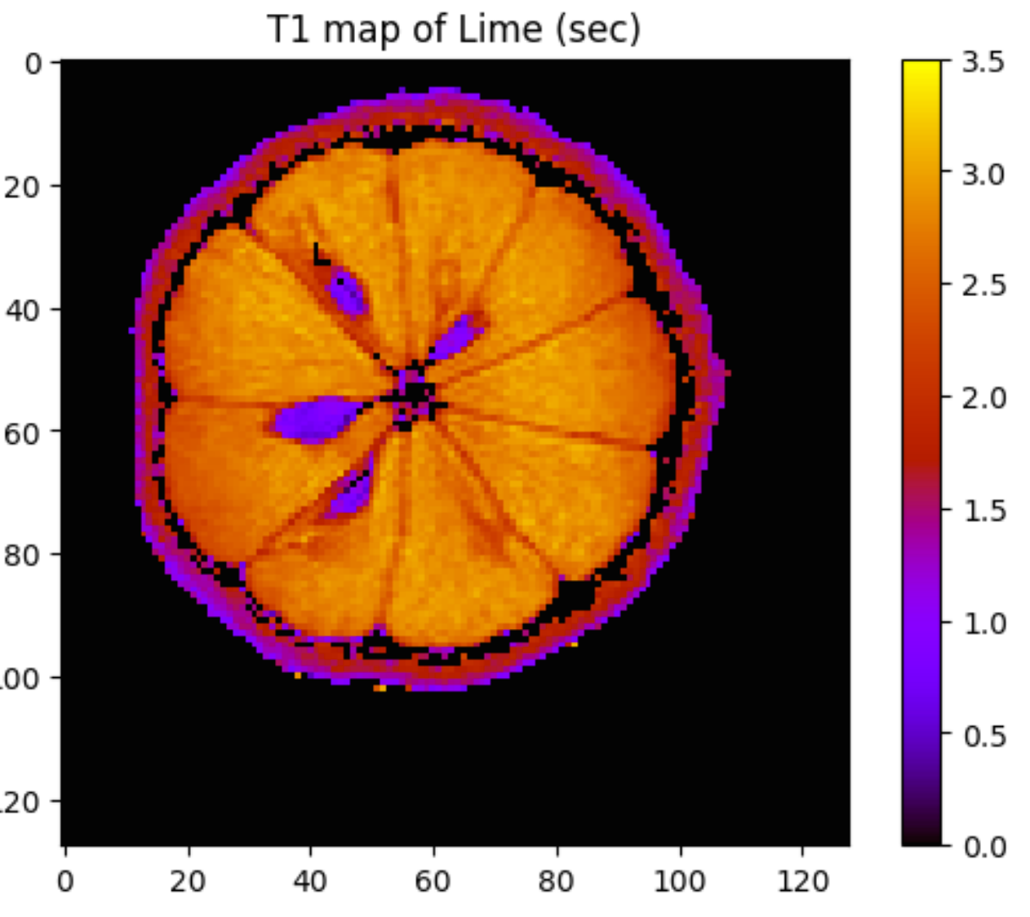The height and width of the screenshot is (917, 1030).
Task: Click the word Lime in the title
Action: (499, 30)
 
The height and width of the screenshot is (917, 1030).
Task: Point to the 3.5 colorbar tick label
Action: (983, 62)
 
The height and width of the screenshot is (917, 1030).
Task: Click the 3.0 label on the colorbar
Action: (983, 174)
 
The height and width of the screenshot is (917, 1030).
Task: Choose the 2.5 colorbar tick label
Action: (983, 286)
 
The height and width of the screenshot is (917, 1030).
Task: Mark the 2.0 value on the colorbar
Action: (983, 399)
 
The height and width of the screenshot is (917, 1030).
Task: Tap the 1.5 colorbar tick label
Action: (983, 512)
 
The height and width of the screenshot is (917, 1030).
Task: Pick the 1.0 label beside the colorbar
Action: (983, 624)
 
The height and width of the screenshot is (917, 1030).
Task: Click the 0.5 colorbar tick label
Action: (983, 736)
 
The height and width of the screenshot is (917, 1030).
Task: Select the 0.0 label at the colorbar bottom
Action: (983, 848)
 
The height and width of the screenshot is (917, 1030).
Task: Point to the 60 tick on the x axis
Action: (433, 882)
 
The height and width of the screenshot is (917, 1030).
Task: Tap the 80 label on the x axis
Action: (557, 882)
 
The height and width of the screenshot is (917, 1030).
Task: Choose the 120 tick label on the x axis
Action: (803, 882)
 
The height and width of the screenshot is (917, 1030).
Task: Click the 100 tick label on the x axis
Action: (680, 882)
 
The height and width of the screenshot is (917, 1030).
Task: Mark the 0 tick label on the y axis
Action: (33, 64)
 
